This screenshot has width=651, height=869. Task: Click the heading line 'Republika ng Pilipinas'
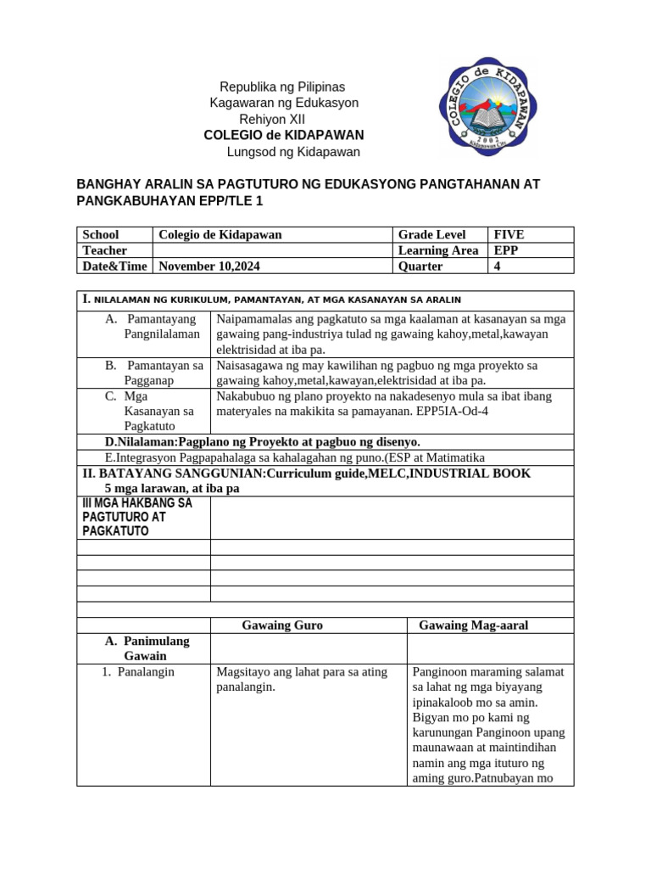pyautogui.click(x=282, y=87)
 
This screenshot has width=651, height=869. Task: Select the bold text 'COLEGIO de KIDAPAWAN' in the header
pyautogui.click(x=284, y=135)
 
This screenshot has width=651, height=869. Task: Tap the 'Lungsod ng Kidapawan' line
pyautogui.click(x=293, y=152)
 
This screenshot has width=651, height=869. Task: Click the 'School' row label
pyautogui.click(x=101, y=234)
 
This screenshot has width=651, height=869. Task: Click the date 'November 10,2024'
pyautogui.click(x=209, y=266)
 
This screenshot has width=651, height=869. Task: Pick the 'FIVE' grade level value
pyautogui.click(x=509, y=234)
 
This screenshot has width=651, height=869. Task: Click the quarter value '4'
pyautogui.click(x=498, y=266)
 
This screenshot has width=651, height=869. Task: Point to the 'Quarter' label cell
pyautogui.click(x=420, y=266)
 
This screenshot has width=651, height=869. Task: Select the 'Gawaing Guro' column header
pyautogui.click(x=282, y=625)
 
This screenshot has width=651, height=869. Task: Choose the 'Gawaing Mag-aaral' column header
pyautogui.click(x=473, y=625)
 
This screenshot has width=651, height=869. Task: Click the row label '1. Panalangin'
pyautogui.click(x=139, y=671)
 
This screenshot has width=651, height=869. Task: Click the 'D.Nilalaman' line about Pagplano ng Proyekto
pyautogui.click(x=263, y=441)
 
